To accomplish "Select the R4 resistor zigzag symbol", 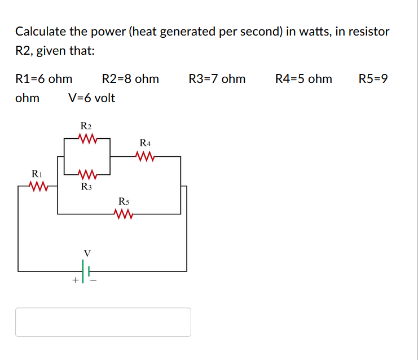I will pos(145,156).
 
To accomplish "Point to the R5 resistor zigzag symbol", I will pos(123,214).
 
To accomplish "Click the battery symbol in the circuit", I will pos(85,270).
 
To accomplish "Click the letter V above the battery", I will pos(86,252).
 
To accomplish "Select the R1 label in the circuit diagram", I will pos(36,173).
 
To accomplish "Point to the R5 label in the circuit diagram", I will pos(124,201).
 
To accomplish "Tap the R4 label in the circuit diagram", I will pos(145,143).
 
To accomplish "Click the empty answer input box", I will pos(103,322).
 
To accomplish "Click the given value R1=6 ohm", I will pos(43,79).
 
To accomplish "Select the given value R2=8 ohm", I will pos(130,79).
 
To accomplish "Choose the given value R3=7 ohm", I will pos(217,79).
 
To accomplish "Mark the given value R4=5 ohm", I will pos(303,79).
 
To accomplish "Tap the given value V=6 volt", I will pos(91,98).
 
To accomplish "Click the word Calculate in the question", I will pos(38,32).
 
